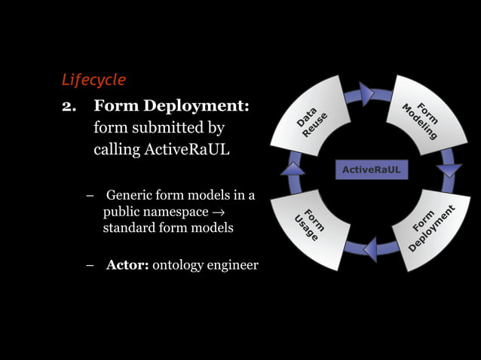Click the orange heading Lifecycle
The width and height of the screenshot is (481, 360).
93,79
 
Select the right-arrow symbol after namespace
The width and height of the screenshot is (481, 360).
218,212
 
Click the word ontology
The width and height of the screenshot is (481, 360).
179,265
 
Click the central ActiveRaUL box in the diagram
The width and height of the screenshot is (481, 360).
371,170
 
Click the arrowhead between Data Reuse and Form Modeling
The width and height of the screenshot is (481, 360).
366,93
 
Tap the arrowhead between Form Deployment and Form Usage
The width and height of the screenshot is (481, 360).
369,249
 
